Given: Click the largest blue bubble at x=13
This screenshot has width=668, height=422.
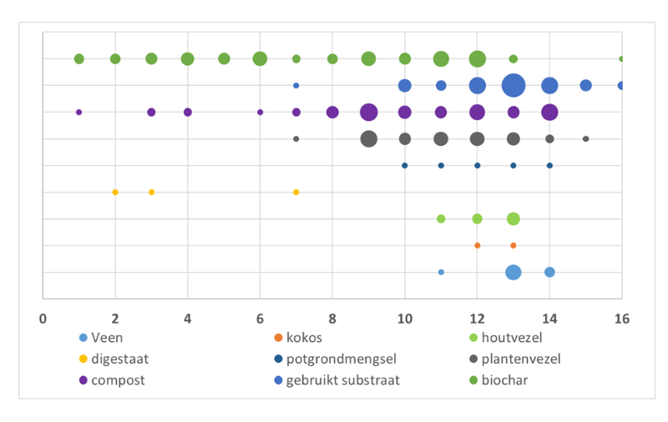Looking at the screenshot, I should (514, 85).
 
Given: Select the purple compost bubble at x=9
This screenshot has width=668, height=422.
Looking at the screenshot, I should (368, 112).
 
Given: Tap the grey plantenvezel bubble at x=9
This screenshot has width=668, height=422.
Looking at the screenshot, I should (368, 138).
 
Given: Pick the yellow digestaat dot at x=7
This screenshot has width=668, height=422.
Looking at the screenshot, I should (296, 192).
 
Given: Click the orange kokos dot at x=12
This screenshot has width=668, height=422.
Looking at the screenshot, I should (478, 245).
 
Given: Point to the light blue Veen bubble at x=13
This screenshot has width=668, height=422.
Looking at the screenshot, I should (514, 272).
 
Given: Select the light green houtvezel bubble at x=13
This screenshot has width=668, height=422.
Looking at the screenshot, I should (514, 219).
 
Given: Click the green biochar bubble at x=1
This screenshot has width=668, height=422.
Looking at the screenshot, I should (79, 58).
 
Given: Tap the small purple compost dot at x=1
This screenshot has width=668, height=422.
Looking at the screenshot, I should (79, 112).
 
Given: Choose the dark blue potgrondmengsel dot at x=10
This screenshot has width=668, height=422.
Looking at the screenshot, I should (405, 165).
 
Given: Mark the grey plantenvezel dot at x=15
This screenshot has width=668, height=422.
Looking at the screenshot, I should (585, 138).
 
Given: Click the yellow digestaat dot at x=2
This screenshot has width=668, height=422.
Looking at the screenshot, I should (115, 192).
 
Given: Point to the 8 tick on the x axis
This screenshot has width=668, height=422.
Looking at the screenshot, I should (332, 317).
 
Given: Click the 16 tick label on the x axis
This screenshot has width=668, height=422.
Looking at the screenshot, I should (620, 317).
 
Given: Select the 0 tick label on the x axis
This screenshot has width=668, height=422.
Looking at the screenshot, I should (43, 317).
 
